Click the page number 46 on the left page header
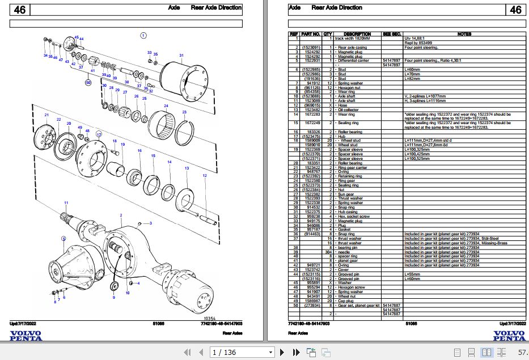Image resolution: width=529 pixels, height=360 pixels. point(19,10)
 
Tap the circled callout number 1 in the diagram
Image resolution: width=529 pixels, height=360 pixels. point(143,35)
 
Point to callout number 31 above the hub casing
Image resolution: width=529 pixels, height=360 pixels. point(181,55)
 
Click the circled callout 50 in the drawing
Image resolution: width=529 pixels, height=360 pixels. point(88,82)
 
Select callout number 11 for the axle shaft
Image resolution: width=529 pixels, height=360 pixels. point(66,203)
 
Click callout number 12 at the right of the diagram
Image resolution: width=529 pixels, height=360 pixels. point(205,176)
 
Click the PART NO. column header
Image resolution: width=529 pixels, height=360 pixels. point(311,33)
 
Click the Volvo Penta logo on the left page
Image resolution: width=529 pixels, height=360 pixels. point(26,336)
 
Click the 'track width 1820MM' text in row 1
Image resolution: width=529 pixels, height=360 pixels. point(355,37)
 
